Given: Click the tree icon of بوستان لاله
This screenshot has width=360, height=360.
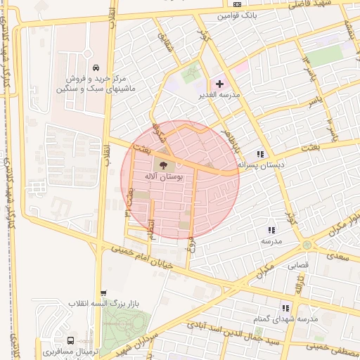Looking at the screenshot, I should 162,165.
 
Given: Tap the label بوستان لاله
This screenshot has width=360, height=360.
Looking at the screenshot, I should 163,178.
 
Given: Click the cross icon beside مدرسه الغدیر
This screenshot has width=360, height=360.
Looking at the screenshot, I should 219,84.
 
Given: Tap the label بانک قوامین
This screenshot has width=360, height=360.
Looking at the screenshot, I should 236,14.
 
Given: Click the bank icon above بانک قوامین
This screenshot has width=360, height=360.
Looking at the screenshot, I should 236,4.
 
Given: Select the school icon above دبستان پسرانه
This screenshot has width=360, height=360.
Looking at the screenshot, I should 261,153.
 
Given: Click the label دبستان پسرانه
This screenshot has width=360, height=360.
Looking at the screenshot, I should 261,165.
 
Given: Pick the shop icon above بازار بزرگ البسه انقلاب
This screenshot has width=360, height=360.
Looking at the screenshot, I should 103,293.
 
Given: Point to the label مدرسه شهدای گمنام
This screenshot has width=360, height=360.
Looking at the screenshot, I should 285,319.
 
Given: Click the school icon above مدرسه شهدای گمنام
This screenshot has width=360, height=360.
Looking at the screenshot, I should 285,307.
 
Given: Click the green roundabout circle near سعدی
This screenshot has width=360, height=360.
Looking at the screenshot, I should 306,245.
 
